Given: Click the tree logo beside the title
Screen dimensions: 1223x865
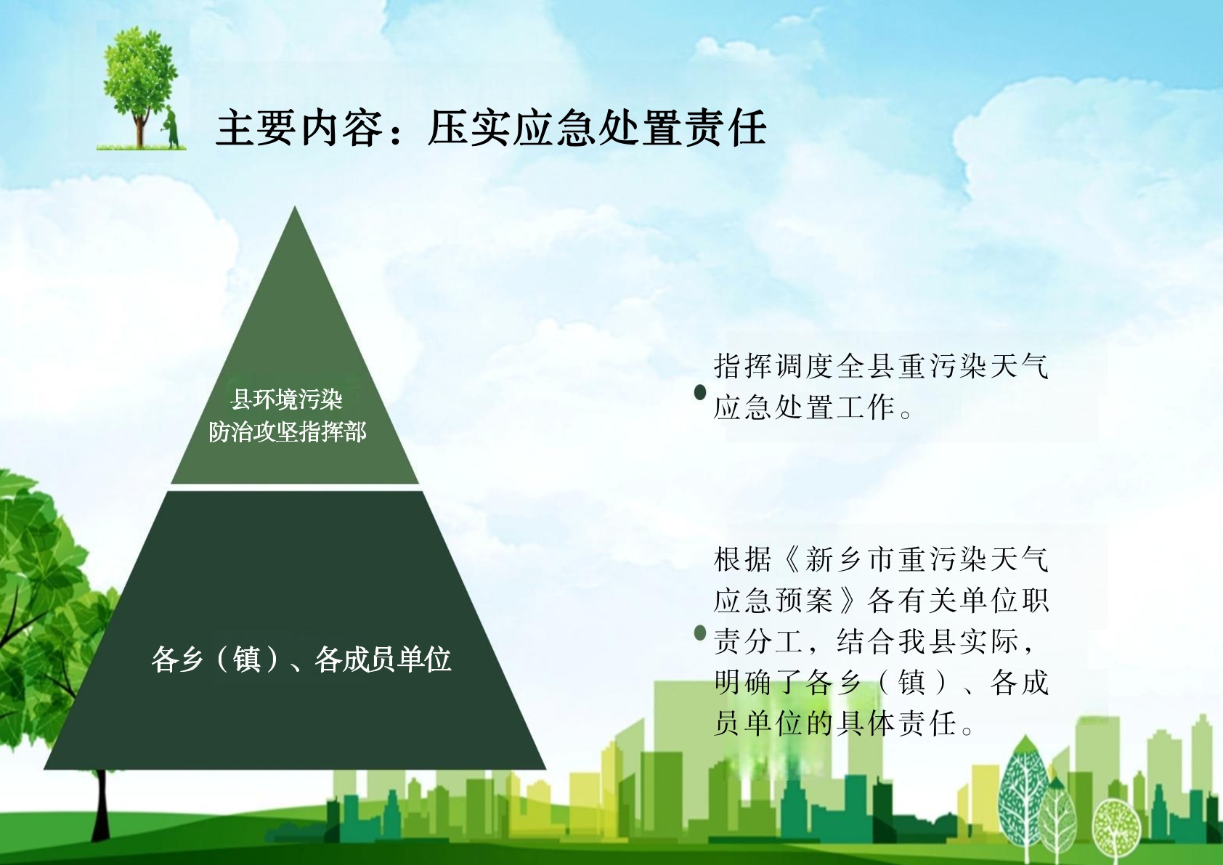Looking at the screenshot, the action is tap(142, 86).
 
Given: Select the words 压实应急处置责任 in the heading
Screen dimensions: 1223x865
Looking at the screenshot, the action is tap(597, 129).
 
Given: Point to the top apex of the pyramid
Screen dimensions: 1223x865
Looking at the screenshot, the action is tap(295, 206).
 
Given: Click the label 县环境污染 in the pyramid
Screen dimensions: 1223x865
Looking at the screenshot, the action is tap(287, 399).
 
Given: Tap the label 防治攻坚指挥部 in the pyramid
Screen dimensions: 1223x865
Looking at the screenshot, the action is tap(287, 432).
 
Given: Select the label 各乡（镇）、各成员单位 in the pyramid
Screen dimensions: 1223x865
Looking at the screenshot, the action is tap(301, 659).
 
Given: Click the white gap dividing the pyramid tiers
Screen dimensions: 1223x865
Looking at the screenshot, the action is tap(295, 487).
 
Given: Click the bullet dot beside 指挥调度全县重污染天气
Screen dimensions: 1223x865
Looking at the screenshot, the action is tap(700, 392).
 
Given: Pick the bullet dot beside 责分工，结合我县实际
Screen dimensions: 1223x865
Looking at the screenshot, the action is tap(700, 633).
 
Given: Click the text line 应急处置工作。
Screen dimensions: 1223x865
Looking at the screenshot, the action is tap(813, 407).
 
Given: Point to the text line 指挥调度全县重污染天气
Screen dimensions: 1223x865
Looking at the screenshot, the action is tap(881, 366).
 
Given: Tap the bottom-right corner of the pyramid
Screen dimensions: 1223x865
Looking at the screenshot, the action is tap(545, 769).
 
